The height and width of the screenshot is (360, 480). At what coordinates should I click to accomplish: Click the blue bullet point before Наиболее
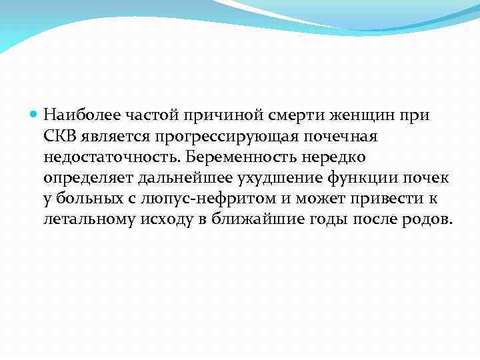pyautogui.click(x=35, y=115)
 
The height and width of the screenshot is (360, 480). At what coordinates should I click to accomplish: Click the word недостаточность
pyautogui.click(x=113, y=157)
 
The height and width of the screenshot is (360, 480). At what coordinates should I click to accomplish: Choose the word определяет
pyautogui.click(x=89, y=178)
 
